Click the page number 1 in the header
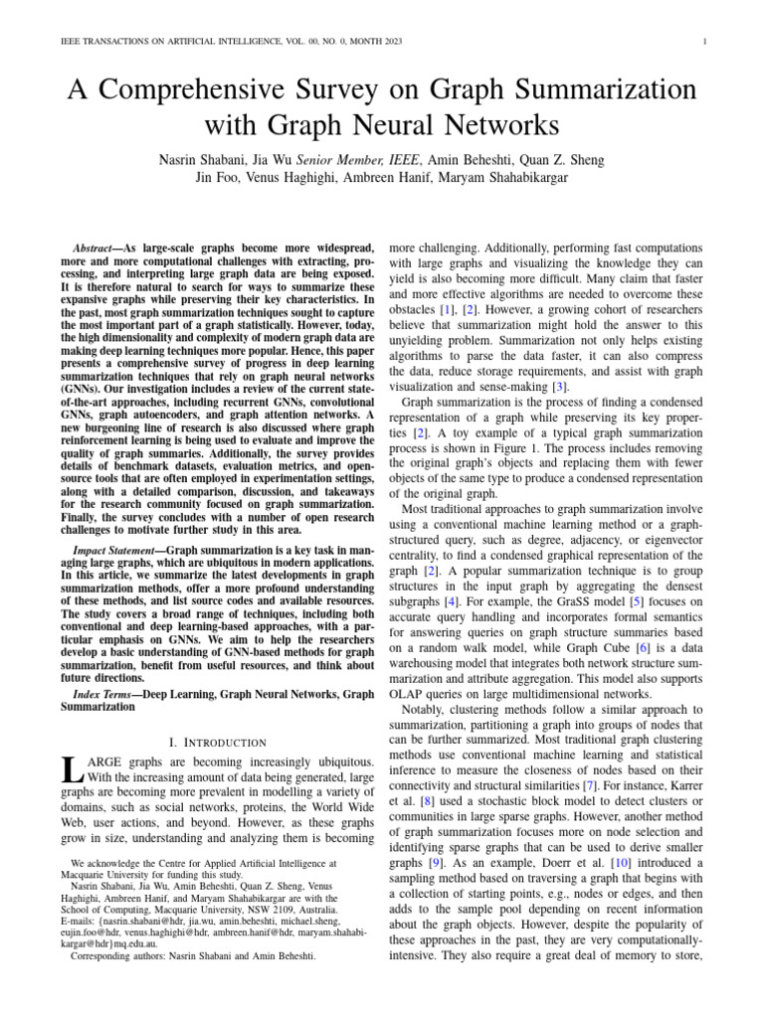(704, 41)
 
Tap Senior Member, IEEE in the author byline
(361, 159)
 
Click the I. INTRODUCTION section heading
(216, 742)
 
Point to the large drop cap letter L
(70, 769)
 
